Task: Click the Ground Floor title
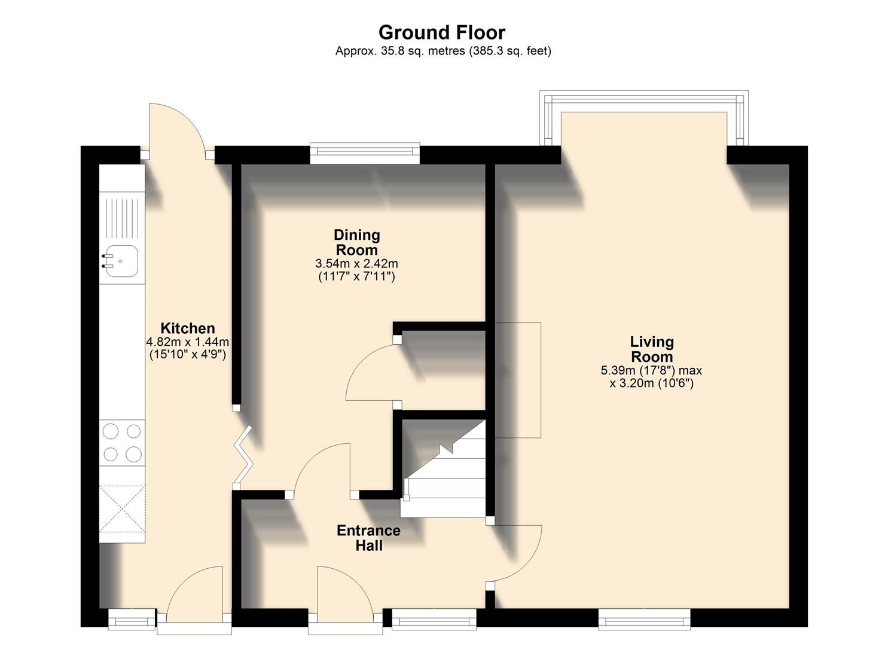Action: click(442, 32)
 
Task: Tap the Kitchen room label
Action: click(188, 328)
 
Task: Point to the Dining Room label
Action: click(356, 242)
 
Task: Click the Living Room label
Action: click(651, 349)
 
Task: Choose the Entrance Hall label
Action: click(368, 538)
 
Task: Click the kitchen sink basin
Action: click(121, 261)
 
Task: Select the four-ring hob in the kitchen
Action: click(122, 443)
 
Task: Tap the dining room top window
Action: click(365, 153)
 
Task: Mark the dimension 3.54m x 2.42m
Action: click(356, 264)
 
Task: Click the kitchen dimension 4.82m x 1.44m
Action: click(188, 342)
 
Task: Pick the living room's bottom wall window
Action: click(645, 617)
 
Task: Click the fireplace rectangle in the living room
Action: click(518, 380)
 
